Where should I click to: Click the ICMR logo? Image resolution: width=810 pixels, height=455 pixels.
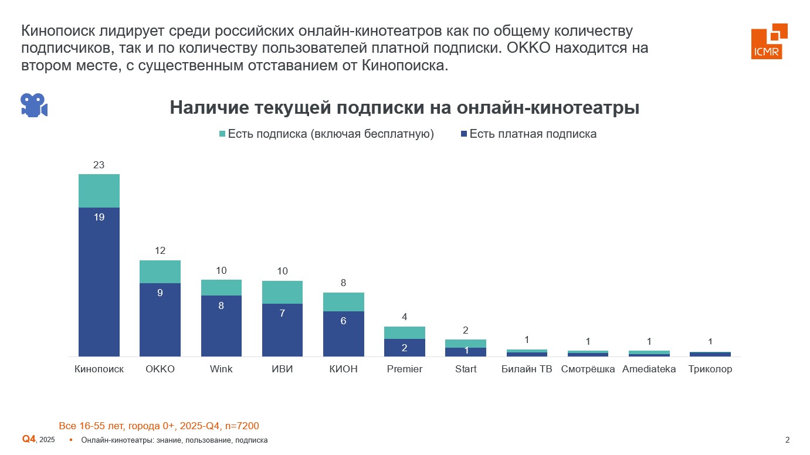tap(769, 41)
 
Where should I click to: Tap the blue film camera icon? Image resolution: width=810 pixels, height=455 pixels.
tap(33, 105)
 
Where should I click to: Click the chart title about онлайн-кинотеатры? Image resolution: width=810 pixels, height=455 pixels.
tap(404, 108)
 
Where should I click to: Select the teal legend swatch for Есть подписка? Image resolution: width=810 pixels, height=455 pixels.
tap(222, 134)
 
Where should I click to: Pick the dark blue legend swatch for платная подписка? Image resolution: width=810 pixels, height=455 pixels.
tap(463, 134)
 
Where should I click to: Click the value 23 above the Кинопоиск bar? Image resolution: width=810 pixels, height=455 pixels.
tap(99, 165)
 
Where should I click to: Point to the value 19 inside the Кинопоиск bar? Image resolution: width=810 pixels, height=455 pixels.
tap(99, 217)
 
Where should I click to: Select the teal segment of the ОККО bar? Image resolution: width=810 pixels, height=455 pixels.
tap(160, 271)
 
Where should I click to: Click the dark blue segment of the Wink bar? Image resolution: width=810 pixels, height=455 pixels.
tap(221, 325)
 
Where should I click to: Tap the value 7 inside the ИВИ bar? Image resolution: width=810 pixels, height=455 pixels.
tap(282, 313)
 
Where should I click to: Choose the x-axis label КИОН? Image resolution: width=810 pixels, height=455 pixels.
tap(343, 369)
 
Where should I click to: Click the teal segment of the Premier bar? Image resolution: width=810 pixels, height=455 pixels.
tap(405, 332)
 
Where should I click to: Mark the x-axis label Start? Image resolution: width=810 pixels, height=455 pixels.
tap(466, 369)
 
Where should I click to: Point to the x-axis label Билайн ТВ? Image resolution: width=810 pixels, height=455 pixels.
tap(527, 369)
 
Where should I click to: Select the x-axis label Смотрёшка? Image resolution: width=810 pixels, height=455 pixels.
tap(588, 369)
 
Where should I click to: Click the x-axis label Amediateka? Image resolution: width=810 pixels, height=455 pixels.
tap(649, 369)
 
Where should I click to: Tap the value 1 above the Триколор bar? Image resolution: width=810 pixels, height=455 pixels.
tap(710, 341)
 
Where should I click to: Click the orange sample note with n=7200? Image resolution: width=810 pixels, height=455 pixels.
tap(159, 426)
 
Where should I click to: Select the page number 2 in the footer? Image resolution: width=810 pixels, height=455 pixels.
tap(787, 440)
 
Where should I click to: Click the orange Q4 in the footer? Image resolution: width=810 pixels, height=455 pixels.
tap(29, 439)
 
